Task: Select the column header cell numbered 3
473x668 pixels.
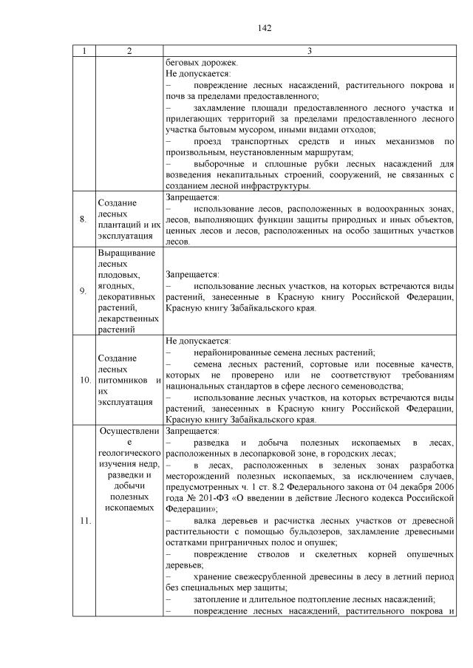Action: coord(309,51)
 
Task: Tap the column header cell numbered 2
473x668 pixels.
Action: coord(129,51)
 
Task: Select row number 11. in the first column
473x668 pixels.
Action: coord(84,521)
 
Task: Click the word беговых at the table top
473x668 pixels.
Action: coord(183,63)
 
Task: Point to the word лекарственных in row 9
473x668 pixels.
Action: coord(128,317)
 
